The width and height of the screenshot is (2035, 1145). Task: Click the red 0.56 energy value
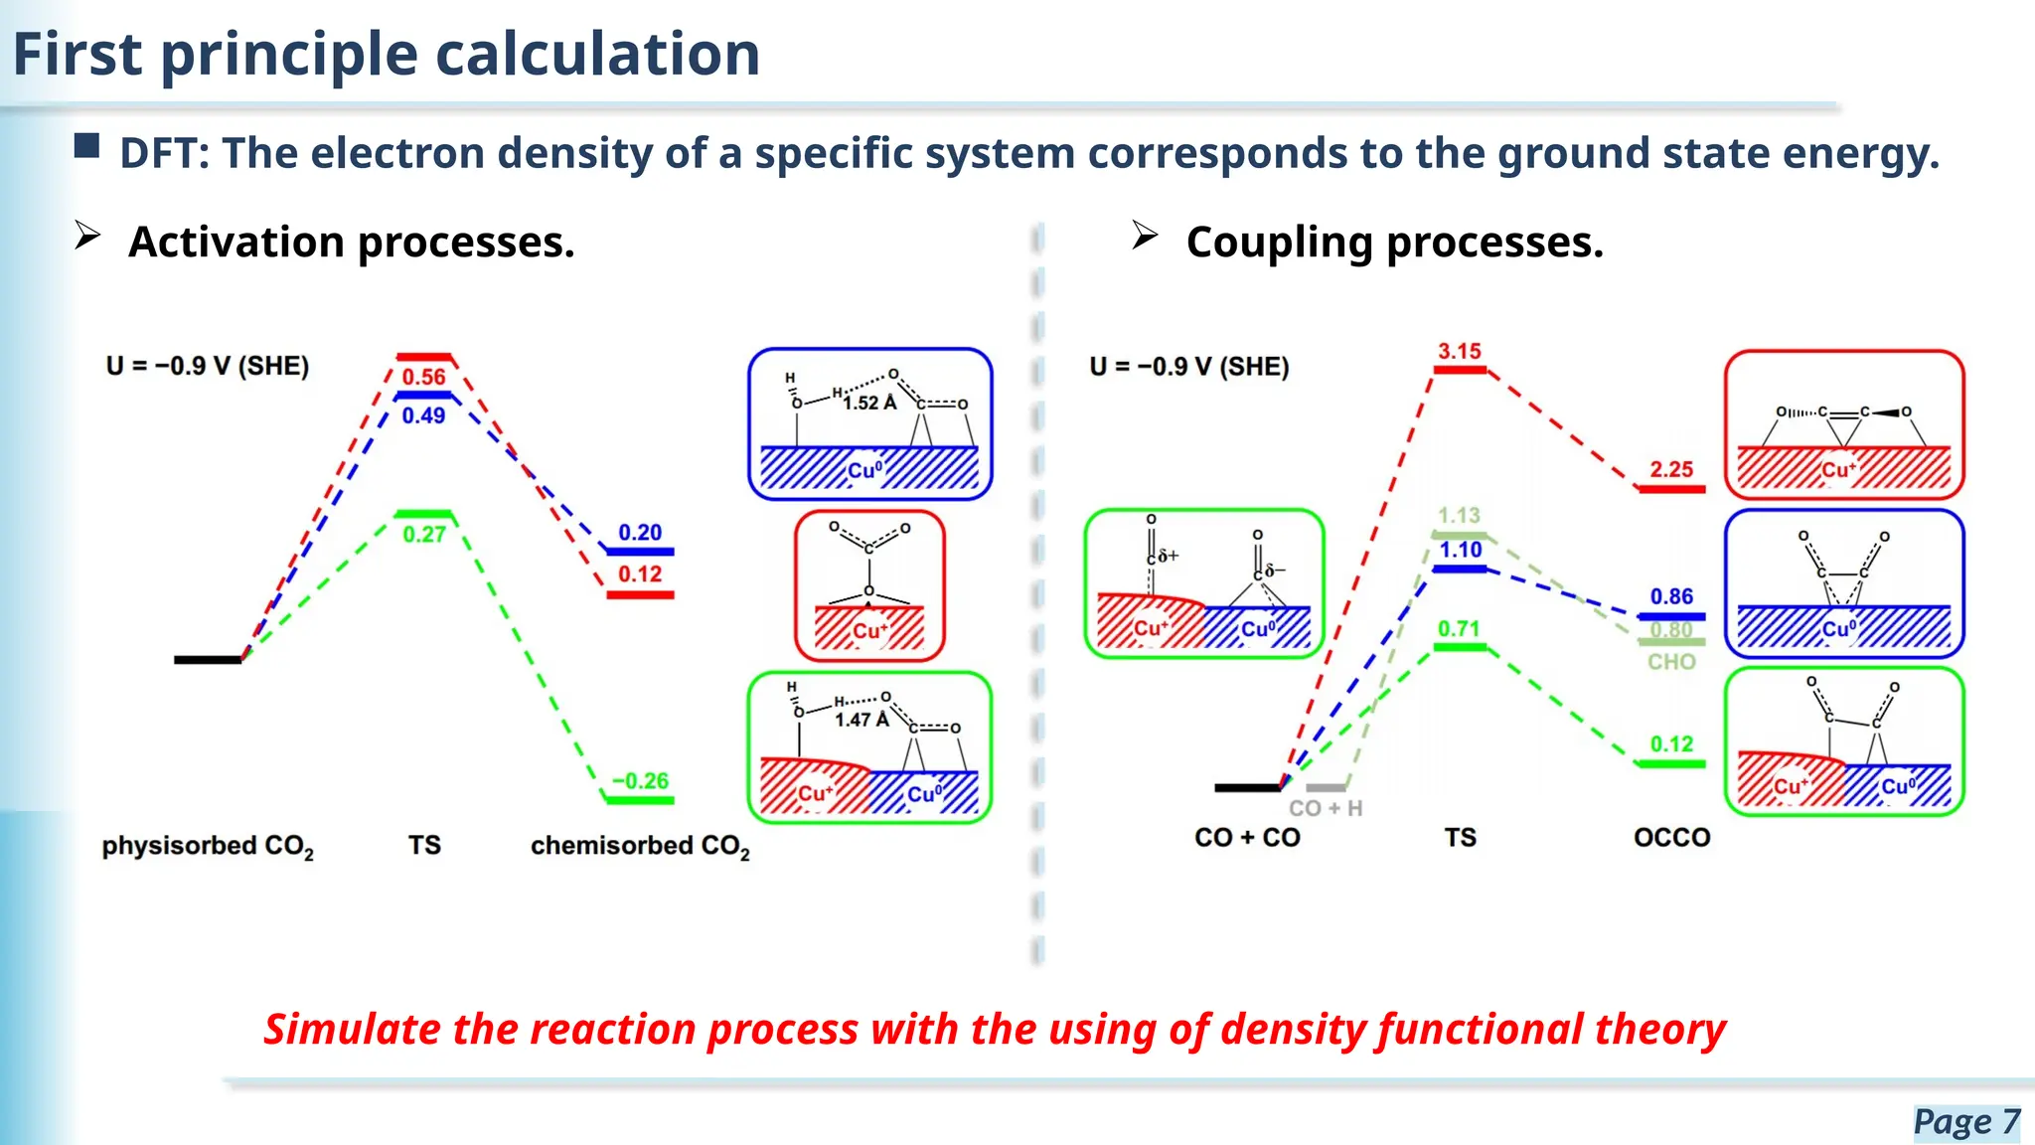click(x=423, y=377)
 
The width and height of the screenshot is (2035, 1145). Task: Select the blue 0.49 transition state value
click(x=423, y=415)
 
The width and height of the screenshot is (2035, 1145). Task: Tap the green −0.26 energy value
click(x=640, y=781)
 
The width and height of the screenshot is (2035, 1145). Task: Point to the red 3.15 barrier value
click(x=1459, y=351)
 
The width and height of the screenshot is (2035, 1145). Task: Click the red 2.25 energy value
click(x=1671, y=469)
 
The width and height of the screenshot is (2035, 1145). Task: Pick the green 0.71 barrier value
click(x=1459, y=628)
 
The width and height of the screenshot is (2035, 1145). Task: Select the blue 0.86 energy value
click(x=1671, y=596)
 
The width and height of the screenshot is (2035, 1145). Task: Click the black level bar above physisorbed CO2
click(x=207, y=659)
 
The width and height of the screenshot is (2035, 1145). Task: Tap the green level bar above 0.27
click(x=423, y=514)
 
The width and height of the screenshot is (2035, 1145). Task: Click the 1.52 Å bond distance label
click(x=869, y=403)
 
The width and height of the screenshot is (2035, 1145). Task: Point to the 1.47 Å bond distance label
click(x=861, y=720)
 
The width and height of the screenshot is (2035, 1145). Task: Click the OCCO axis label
click(x=1671, y=838)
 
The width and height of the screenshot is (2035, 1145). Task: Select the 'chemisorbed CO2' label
click(x=640, y=846)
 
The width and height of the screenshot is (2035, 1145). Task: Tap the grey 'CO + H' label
click(x=1326, y=808)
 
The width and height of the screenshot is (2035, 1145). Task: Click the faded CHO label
click(x=1671, y=662)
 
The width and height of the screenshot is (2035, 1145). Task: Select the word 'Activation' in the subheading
click(x=235, y=243)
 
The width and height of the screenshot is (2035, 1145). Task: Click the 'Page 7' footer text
click(x=1965, y=1121)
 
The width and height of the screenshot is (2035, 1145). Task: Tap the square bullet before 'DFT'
click(x=87, y=147)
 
